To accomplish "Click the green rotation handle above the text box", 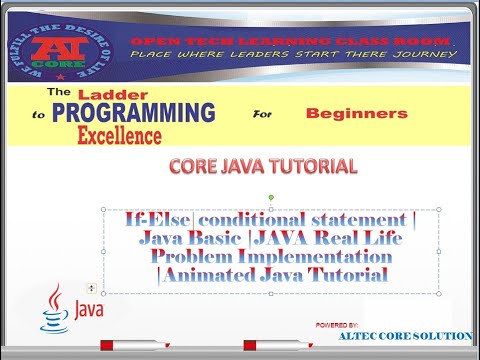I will [x=272, y=198].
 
